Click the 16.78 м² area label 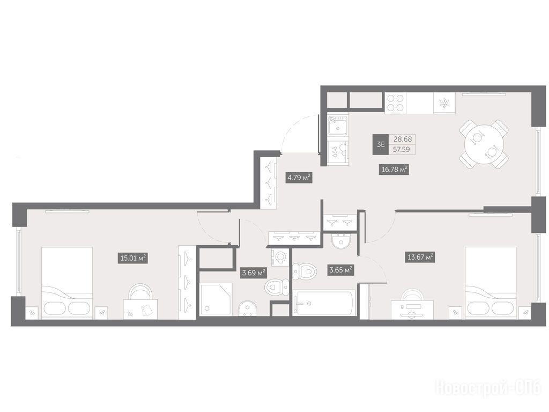394,170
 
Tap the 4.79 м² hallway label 299,178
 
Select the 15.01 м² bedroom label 133,258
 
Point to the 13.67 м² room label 421,257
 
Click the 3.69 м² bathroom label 254,272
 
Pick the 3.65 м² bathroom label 340,270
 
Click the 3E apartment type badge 381,144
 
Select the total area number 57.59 402,150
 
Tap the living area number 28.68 402,139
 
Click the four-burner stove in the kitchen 396,103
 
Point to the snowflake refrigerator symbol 444,103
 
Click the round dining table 484,144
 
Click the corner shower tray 217,299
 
